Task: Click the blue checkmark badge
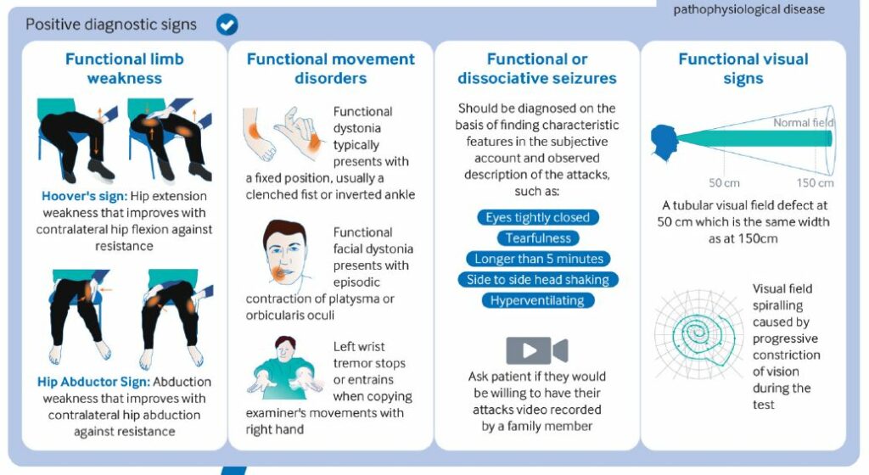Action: [227, 25]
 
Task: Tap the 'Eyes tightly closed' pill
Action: [537, 217]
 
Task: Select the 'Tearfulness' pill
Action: [537, 238]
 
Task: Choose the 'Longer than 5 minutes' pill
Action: [538, 259]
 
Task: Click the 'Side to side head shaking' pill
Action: [537, 280]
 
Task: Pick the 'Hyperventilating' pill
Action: [537, 300]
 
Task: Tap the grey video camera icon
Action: [536, 349]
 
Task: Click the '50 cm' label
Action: [724, 182]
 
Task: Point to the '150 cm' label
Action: [815, 182]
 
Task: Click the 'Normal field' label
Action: [803, 122]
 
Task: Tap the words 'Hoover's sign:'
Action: [84, 196]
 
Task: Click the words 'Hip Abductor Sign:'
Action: [93, 382]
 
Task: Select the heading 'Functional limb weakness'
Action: [124, 69]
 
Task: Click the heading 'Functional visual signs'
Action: [743, 69]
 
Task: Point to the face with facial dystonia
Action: [285, 253]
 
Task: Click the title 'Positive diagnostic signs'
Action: [111, 25]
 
